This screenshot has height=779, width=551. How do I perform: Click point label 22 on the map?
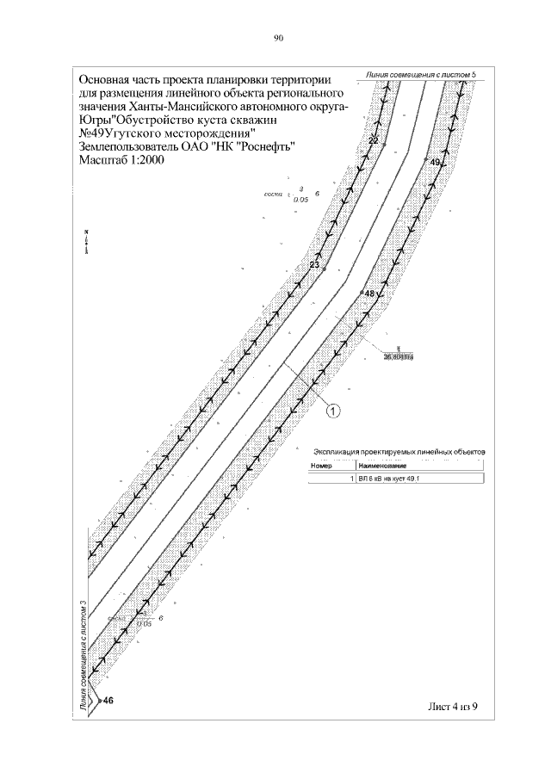[x=374, y=139]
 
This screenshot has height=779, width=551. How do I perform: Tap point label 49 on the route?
[x=435, y=162]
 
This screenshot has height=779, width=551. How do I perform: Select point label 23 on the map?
[x=313, y=265]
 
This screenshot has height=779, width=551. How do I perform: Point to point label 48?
[x=370, y=294]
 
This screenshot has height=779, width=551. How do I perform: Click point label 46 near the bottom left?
[x=108, y=702]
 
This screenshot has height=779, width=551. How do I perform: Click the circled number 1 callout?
[x=334, y=411]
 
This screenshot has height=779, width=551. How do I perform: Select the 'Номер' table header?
[x=321, y=466]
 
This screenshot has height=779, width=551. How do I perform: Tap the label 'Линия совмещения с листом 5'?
[x=420, y=75]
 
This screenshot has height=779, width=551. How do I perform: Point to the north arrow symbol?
[x=87, y=242]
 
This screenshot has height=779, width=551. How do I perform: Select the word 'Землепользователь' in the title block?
[x=128, y=146]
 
